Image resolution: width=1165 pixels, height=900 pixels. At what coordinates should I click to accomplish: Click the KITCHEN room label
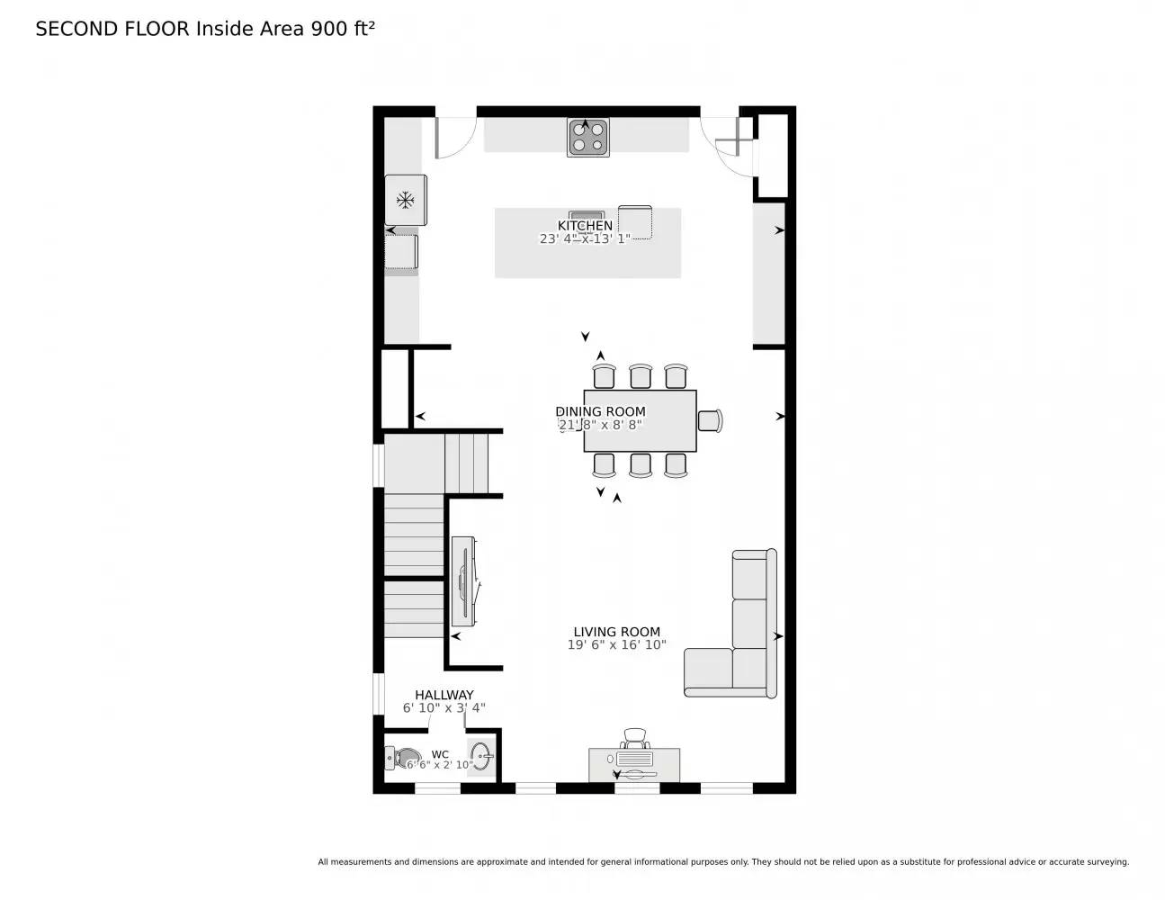click(x=585, y=225)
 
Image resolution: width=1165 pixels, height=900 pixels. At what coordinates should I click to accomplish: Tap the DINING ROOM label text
click(x=600, y=411)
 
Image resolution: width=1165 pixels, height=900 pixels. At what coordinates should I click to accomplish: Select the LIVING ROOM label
click(x=616, y=632)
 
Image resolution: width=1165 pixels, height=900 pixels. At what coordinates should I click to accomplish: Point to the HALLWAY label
click(x=444, y=695)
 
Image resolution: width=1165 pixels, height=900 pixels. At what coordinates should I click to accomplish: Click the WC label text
click(x=440, y=754)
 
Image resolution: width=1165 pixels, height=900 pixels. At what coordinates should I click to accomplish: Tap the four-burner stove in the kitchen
click(x=587, y=137)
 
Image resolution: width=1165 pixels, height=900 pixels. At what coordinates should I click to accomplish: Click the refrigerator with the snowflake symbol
click(x=405, y=199)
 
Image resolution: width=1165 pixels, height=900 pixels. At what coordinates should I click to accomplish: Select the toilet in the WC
click(x=403, y=758)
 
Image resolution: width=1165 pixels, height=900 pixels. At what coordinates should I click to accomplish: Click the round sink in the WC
click(x=481, y=755)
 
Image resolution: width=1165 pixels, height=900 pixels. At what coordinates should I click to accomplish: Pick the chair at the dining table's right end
click(x=710, y=420)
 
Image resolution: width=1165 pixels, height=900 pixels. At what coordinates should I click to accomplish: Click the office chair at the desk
click(x=636, y=738)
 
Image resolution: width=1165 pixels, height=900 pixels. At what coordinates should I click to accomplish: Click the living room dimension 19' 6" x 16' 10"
click(x=616, y=645)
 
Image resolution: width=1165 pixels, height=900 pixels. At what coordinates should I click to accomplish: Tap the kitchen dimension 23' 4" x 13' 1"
click(x=585, y=238)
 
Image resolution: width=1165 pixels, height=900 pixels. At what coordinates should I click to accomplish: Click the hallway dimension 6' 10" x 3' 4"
click(x=444, y=708)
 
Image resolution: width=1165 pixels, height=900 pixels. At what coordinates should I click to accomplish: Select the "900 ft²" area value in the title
click(x=342, y=28)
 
